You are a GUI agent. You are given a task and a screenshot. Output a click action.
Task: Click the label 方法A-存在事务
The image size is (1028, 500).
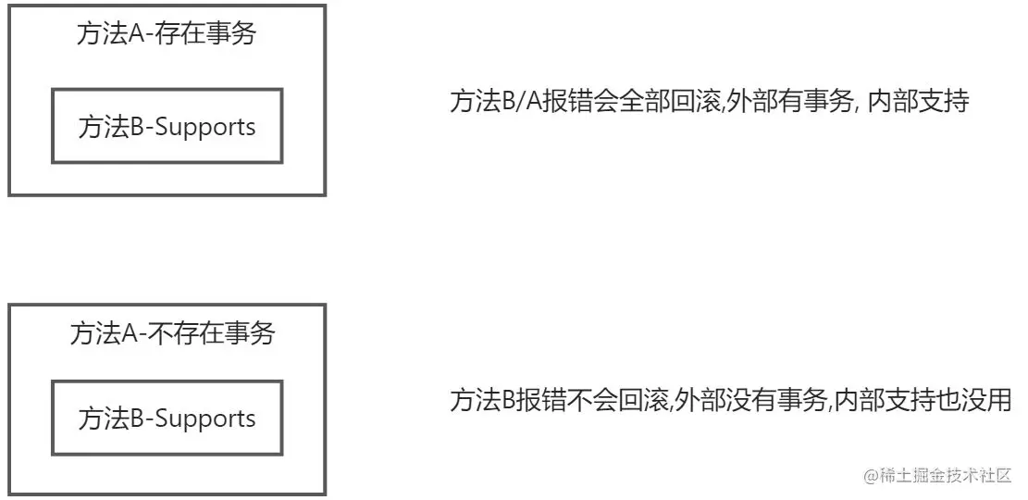167,35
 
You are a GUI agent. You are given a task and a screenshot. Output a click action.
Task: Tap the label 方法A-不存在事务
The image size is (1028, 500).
172,333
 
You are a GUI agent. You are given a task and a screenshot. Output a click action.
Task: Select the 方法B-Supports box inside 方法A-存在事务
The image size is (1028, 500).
167,127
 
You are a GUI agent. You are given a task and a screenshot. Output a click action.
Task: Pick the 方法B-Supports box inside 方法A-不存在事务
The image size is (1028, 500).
167,419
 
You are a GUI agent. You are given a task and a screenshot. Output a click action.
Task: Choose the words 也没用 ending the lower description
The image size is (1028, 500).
983,402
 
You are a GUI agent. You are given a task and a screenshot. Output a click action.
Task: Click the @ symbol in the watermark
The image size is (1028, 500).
871,475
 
